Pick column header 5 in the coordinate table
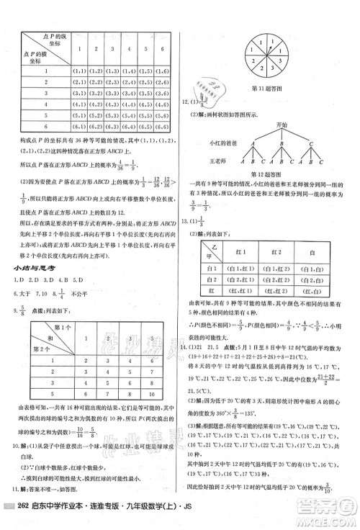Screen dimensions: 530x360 [148, 50]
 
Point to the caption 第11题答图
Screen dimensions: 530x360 [271, 87]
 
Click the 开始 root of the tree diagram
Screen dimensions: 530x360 [270, 125]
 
